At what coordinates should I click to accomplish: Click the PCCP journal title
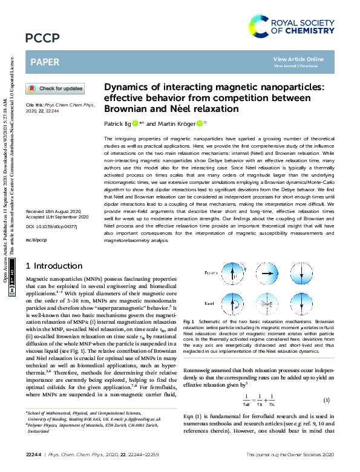42,39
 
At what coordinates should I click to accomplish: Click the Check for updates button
55,88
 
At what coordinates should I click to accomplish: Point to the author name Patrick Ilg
118,123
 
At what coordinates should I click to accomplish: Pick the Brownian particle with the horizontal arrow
267,274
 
